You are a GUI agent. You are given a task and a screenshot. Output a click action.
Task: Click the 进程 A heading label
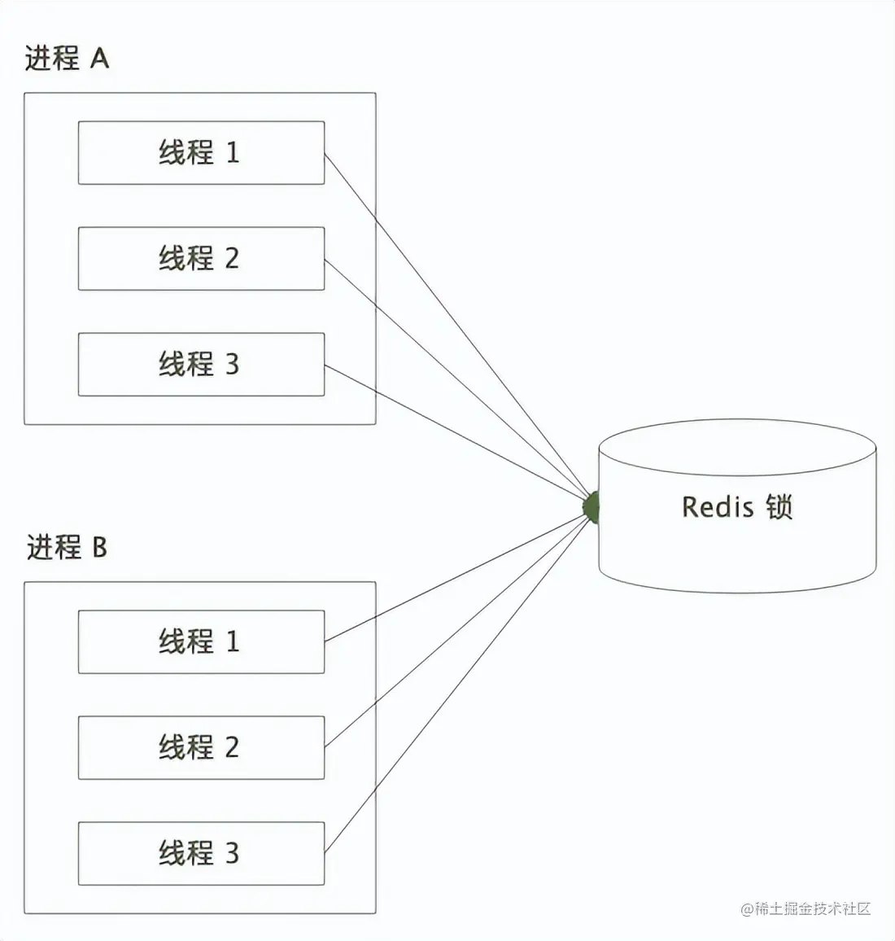click(x=66, y=59)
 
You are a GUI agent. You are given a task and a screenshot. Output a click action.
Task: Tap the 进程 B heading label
click(x=66, y=547)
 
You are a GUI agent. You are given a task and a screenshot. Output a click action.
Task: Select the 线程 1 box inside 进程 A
click(x=201, y=153)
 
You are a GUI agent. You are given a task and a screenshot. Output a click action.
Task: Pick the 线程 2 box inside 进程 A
click(x=201, y=259)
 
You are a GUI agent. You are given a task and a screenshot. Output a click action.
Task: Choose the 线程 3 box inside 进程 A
click(x=201, y=365)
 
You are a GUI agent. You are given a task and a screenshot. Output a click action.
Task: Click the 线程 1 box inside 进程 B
click(x=201, y=641)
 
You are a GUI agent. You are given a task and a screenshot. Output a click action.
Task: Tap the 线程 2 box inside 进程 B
click(x=201, y=747)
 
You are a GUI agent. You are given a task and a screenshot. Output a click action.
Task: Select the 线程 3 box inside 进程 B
click(x=201, y=853)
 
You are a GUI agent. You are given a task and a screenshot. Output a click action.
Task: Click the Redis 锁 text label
click(x=737, y=506)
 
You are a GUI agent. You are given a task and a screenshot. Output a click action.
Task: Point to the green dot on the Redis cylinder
click(x=592, y=506)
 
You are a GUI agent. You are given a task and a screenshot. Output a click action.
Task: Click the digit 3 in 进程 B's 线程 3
click(x=232, y=853)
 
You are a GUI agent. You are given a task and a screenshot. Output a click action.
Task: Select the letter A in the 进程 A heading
click(x=99, y=59)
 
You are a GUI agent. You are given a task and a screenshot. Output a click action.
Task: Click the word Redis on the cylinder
click(x=718, y=506)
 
